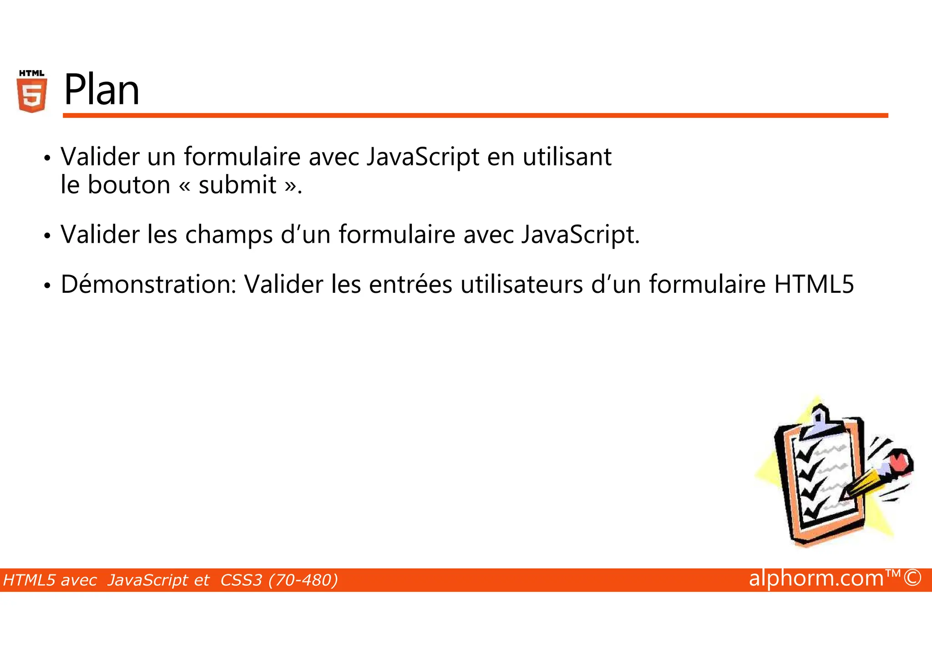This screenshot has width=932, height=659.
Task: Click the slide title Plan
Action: point(101,90)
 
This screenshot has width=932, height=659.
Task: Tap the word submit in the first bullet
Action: point(237,185)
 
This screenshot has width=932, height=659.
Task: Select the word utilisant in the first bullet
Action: point(567,157)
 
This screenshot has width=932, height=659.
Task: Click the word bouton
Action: point(129,185)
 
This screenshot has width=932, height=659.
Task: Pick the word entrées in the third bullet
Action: point(410,285)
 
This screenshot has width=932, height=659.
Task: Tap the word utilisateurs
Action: point(522,285)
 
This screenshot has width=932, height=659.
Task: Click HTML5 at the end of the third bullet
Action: point(814,285)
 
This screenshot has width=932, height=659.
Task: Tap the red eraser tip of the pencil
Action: point(901,462)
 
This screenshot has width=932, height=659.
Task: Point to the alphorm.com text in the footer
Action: point(816,578)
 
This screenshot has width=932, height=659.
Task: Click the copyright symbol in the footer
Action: point(912,578)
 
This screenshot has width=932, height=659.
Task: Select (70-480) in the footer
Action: point(303,580)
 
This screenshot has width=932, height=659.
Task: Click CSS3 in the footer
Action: point(241,580)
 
